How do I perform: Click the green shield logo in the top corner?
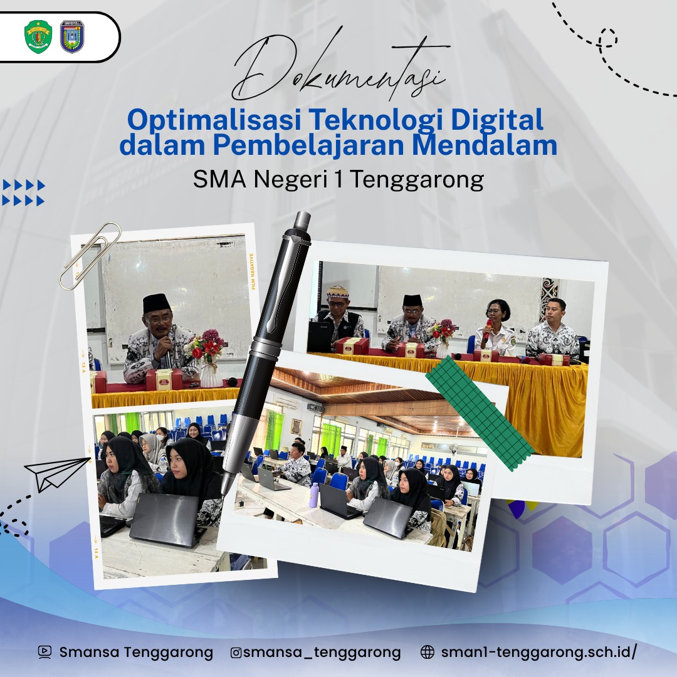pos(38,37)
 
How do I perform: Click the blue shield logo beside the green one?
pos(72,37)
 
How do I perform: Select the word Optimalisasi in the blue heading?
pos(214,120)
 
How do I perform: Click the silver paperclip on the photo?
pos(90,256)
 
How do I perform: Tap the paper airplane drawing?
pos(56,474)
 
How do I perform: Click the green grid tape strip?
pos(480,412)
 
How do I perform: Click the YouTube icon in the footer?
pos(45,652)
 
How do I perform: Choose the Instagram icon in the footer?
pos(236,653)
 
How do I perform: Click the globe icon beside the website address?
pos(427,652)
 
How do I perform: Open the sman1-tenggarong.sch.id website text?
pos(538,652)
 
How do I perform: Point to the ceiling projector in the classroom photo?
pos(315,407)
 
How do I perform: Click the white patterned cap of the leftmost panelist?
pos(337,292)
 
